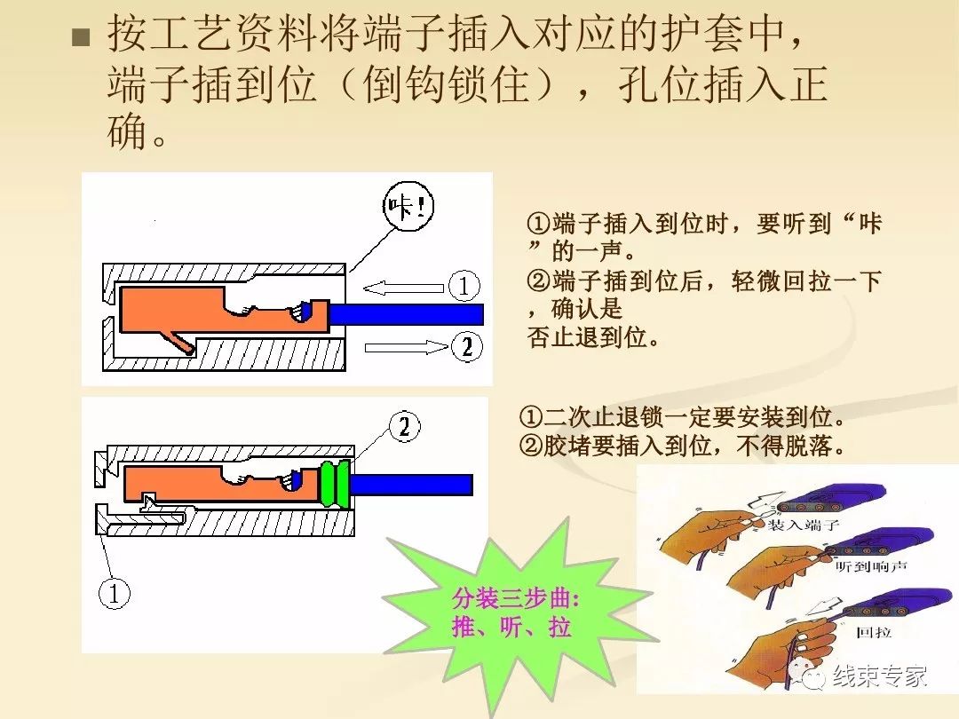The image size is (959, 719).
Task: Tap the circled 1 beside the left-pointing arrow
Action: tap(464, 286)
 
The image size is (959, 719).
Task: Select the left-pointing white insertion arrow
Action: tap(402, 287)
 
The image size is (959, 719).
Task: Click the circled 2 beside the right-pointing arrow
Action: tap(466, 345)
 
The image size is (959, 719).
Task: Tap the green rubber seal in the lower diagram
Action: tap(335, 484)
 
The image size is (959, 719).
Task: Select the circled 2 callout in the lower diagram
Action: tap(404, 428)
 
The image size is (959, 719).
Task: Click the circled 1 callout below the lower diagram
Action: tap(114, 593)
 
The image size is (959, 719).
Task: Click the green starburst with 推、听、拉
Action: tap(511, 612)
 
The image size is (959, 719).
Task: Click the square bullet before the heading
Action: tap(82, 37)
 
